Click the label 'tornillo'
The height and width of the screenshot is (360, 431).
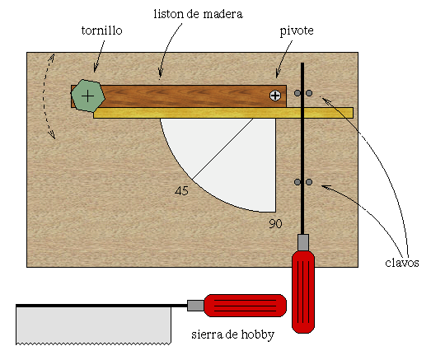click(101, 30)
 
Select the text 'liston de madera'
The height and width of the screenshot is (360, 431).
click(198, 14)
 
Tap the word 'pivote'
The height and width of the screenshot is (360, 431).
click(297, 30)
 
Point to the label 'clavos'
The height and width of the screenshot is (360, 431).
click(402, 263)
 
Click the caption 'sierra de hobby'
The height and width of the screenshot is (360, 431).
click(233, 334)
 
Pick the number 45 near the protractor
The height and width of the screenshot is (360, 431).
click(181, 191)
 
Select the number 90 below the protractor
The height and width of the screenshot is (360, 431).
click(275, 224)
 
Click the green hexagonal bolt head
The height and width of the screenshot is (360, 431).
click(88, 96)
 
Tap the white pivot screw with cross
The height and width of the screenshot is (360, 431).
click(275, 96)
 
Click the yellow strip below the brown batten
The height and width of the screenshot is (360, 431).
click(223, 113)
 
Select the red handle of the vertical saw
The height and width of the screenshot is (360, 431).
click(303, 292)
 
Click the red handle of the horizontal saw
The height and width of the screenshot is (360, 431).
click(246, 306)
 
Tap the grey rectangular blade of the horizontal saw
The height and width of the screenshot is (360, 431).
click(93, 325)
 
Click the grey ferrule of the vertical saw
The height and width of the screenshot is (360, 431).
click(303, 242)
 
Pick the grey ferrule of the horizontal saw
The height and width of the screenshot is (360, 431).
click(195, 306)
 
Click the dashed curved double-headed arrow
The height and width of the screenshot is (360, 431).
click(44, 96)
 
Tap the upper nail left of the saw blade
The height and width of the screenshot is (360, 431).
click(297, 93)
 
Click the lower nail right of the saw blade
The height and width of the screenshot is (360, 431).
click(309, 182)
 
